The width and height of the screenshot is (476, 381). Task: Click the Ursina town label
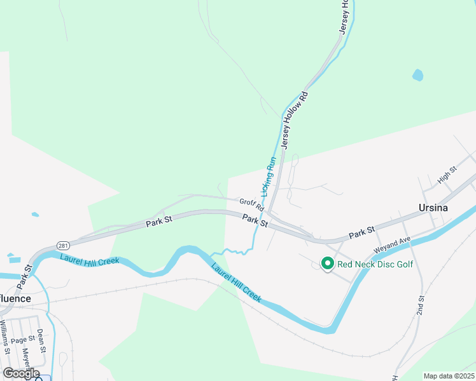[433, 208]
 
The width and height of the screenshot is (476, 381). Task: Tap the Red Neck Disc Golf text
[375, 264]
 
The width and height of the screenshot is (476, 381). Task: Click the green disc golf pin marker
[327, 263]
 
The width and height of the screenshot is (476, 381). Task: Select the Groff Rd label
[251, 204]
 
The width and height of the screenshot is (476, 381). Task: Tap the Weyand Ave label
[396, 244]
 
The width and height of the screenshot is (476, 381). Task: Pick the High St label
[447, 175]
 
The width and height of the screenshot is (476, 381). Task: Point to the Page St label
[23, 340]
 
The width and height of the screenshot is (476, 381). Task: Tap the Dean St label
[41, 340]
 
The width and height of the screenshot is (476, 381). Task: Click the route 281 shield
[62, 245]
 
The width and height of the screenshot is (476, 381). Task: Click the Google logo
[21, 373]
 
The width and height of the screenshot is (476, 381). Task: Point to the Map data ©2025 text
[449, 376]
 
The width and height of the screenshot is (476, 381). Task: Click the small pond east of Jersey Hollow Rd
[417, 75]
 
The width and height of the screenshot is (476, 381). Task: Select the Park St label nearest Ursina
[361, 234]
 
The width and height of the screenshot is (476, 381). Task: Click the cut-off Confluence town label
[14, 298]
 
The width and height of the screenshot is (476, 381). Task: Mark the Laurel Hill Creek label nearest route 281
[89, 260]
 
